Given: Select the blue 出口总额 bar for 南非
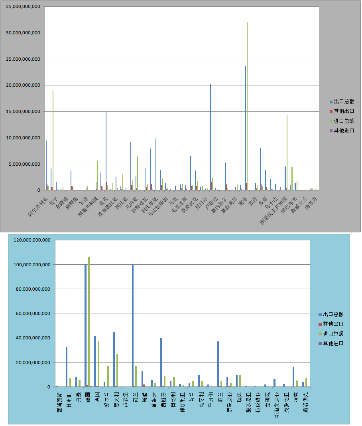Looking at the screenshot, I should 245,128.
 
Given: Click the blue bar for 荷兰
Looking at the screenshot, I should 133,325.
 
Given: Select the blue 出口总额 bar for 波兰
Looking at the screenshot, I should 218,364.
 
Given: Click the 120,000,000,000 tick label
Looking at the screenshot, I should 32,240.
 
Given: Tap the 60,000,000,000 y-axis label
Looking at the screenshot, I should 33,314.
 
